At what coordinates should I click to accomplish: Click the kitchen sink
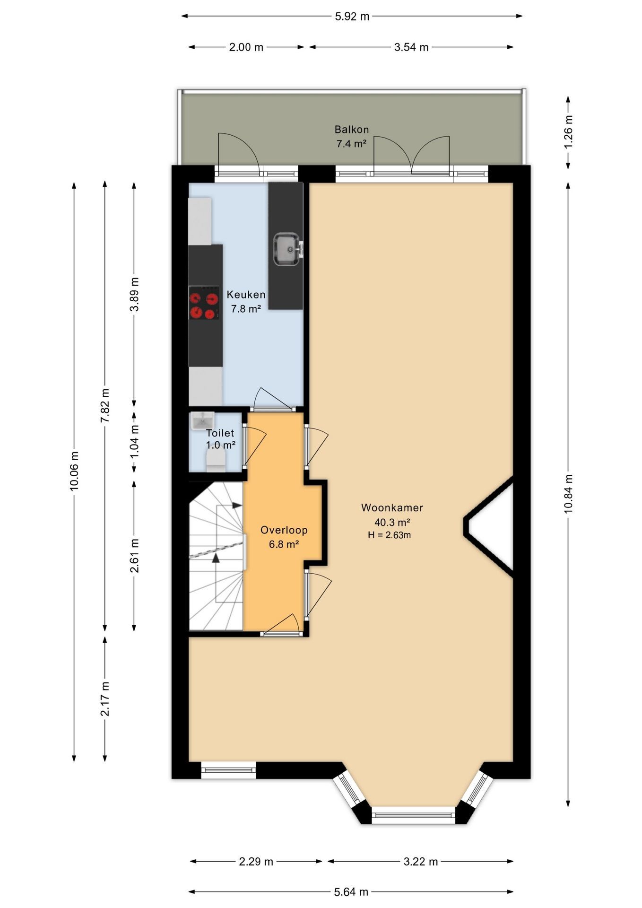pos(288,249)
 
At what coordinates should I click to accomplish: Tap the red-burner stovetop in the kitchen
pos(204,303)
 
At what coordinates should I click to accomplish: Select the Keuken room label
pos(246,295)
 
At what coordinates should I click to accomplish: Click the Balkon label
pos(352,129)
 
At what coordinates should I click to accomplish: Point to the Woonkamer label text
pos(392,507)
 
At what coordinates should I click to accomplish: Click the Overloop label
pos(284,530)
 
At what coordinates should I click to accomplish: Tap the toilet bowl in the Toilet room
pos(216,461)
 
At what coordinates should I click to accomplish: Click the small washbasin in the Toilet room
pos(202,420)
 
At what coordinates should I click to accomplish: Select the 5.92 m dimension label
pos(352,17)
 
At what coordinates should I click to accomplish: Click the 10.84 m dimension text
pos(568,493)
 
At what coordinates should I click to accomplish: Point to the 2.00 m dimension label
pos(246,47)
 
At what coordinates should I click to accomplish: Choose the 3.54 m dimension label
pos(411,47)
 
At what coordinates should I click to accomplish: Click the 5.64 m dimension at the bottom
pos(351,892)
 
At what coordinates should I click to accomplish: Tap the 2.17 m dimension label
pos(105,699)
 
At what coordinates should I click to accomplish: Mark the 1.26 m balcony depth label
pos(568,132)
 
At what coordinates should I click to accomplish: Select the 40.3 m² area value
pos(392,523)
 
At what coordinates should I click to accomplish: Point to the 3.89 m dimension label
pos(135,294)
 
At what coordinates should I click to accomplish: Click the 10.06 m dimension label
pos(74,471)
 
